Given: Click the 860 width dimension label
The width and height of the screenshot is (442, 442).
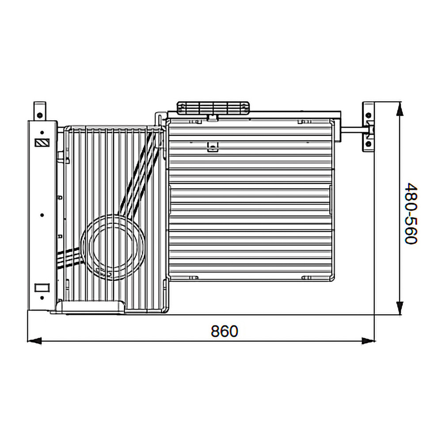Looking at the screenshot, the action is pos(225,331).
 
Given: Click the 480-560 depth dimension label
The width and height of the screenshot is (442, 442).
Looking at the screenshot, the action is pos(411,213).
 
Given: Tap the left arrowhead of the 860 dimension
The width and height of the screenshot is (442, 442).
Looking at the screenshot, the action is pos(34,341).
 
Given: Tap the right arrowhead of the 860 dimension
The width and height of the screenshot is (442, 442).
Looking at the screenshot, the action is pos(368,341).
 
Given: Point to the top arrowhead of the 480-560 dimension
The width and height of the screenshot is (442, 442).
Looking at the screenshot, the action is pos(400,109).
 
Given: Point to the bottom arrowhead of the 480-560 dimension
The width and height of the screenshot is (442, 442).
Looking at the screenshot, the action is pos(400,308).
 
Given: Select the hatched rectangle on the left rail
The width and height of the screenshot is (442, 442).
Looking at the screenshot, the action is pos(42,143).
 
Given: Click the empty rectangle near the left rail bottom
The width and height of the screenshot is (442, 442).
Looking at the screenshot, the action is pos(42,288).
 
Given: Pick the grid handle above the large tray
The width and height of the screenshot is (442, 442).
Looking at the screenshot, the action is pos(213,108).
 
